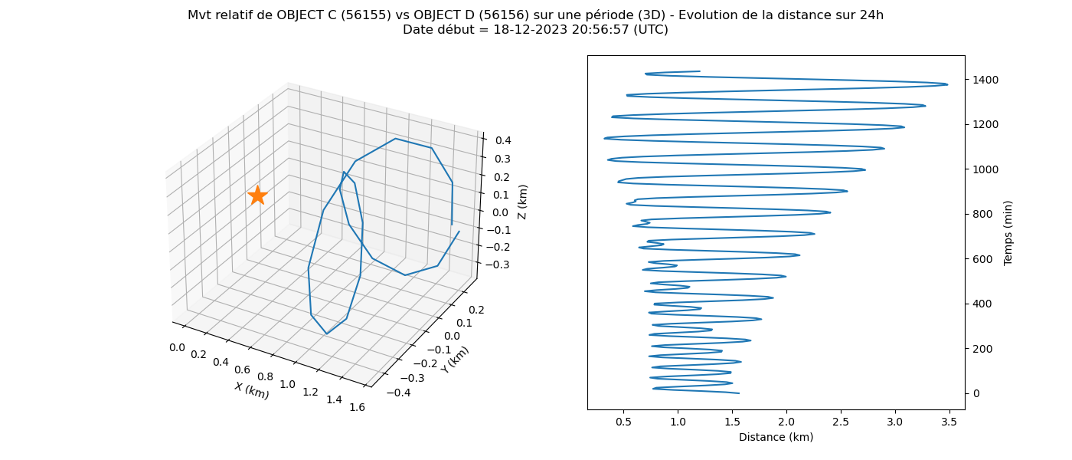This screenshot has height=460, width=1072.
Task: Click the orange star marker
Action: tap(257, 195)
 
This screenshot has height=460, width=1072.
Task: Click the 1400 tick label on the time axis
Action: tap(985, 80)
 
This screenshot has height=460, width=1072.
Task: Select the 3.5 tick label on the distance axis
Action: tap(949, 422)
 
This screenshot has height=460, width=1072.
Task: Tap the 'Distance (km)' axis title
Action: tap(776, 437)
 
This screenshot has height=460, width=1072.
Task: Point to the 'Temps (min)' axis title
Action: tap(1008, 233)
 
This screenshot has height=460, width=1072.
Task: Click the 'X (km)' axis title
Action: tap(252, 390)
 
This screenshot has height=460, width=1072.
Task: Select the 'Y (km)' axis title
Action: tap(455, 360)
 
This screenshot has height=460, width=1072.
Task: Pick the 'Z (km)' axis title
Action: tap(522, 202)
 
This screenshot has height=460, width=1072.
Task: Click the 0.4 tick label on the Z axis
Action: tap(503, 140)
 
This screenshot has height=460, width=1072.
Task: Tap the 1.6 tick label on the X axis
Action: tap(357, 407)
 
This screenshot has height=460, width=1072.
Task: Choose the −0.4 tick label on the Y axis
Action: tap(397, 393)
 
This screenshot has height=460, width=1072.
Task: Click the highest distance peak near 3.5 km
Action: tap(947, 85)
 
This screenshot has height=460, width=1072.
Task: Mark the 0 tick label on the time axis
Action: tap(976, 393)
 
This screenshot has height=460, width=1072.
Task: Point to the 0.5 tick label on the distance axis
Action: tap(623, 422)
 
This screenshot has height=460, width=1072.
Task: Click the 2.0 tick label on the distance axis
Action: tap(786, 422)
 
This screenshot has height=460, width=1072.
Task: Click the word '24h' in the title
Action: tap(871, 15)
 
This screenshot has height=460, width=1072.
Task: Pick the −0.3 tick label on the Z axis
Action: tap(498, 264)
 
